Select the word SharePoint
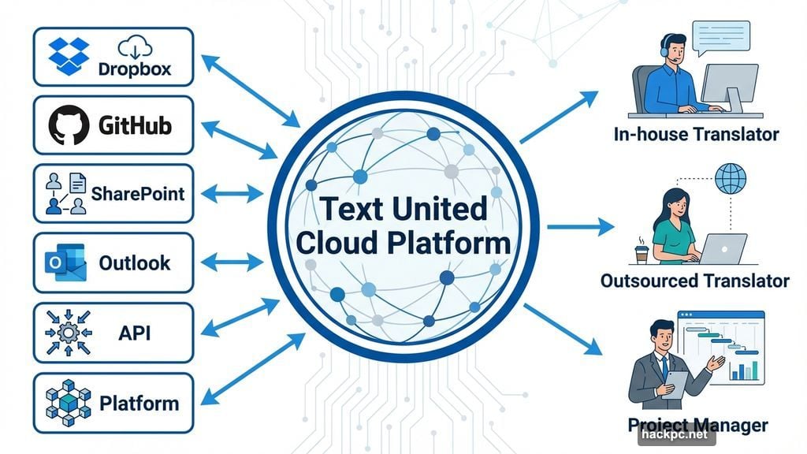(138, 193)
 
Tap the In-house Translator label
(696, 134)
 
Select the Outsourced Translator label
(694, 281)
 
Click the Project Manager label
(697, 426)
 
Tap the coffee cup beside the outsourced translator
(642, 254)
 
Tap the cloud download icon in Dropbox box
(134, 47)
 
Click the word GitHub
(136, 125)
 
